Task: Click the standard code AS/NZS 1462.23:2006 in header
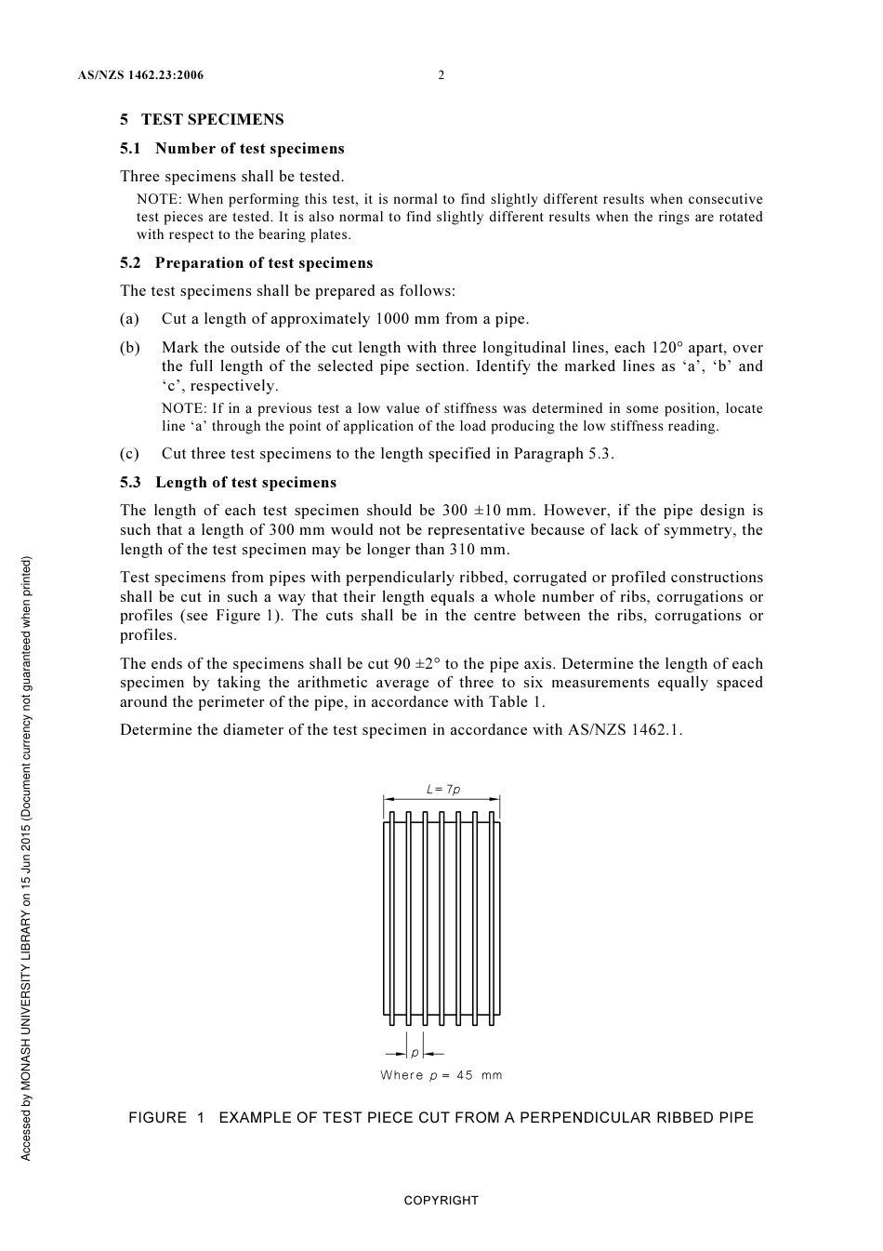click(x=140, y=75)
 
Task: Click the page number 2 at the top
click(x=441, y=75)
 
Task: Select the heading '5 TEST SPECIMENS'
click(x=202, y=119)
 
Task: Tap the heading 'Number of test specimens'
click(x=249, y=148)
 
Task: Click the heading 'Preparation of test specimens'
click(x=263, y=262)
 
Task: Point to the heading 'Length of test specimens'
click(x=245, y=482)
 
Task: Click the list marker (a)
click(x=129, y=318)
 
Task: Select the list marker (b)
click(x=130, y=347)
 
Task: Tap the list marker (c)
click(x=129, y=453)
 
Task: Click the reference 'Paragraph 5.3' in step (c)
click(x=566, y=453)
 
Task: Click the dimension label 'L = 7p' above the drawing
click(x=442, y=789)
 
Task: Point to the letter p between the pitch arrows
click(x=415, y=1053)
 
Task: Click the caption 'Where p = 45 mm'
click(x=441, y=1075)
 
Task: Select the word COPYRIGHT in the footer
click(x=441, y=1200)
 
